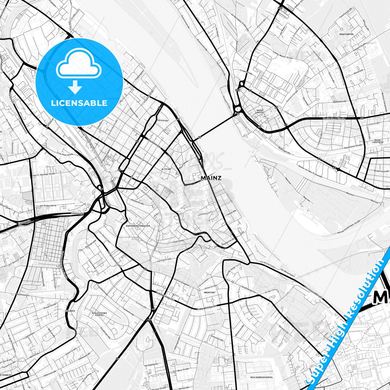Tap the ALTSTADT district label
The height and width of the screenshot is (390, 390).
[166, 169]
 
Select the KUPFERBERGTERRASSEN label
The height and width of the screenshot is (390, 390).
[138, 226]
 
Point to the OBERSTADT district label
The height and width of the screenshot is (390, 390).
[209, 292]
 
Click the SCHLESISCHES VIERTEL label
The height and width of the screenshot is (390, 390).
[99, 314]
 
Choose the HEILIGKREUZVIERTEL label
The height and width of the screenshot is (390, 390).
[261, 377]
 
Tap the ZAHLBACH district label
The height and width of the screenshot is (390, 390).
[70, 311]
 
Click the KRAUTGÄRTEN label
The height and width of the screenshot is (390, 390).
[346, 35]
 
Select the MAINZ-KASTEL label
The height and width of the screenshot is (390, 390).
[260, 111]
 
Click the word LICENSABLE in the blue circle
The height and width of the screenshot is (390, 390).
[79, 103]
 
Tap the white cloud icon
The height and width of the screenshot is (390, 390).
[79, 63]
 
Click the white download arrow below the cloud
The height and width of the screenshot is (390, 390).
[75, 87]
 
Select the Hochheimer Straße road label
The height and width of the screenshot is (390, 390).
[334, 119]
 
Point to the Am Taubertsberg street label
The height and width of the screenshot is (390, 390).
[48, 205]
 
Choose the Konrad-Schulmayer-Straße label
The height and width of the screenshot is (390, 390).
[349, 227]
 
